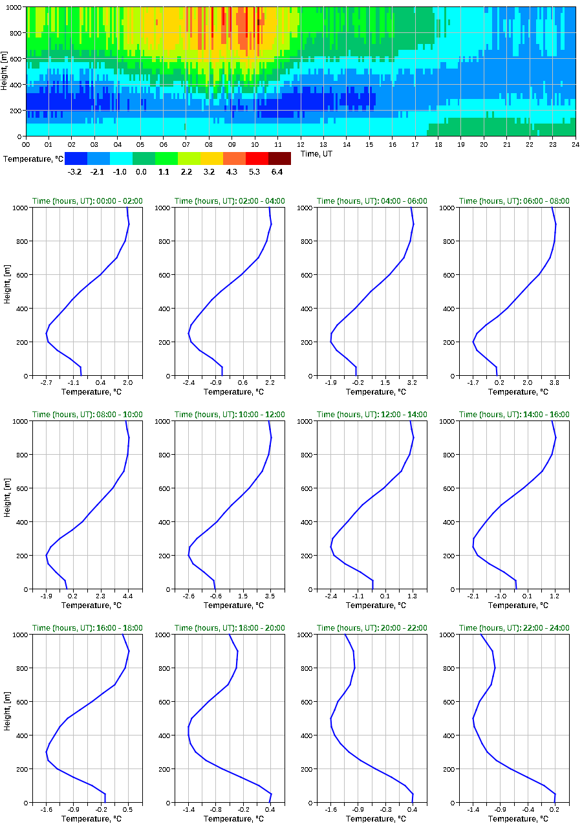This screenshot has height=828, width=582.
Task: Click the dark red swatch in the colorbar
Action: point(279,158)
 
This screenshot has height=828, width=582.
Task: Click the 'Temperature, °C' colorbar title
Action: point(33,158)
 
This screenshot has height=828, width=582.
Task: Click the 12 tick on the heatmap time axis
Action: point(301,145)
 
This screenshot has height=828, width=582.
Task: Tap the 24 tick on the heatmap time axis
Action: point(575,145)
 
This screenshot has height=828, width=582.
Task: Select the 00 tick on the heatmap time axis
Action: point(26,145)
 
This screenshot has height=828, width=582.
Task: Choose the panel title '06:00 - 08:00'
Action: point(514,201)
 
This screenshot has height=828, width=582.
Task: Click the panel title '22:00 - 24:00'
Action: point(514,628)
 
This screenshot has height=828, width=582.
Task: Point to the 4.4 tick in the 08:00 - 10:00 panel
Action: point(128,596)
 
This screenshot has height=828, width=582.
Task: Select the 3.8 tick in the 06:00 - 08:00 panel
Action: point(555,382)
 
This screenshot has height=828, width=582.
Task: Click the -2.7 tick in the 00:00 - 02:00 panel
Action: point(47,382)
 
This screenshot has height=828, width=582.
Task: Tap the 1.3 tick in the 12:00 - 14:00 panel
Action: point(412,596)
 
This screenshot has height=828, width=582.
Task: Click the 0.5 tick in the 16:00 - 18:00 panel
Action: point(128,809)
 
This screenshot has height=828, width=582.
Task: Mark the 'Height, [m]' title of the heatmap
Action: point(5,71)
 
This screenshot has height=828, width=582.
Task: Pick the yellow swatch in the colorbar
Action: point(211,158)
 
